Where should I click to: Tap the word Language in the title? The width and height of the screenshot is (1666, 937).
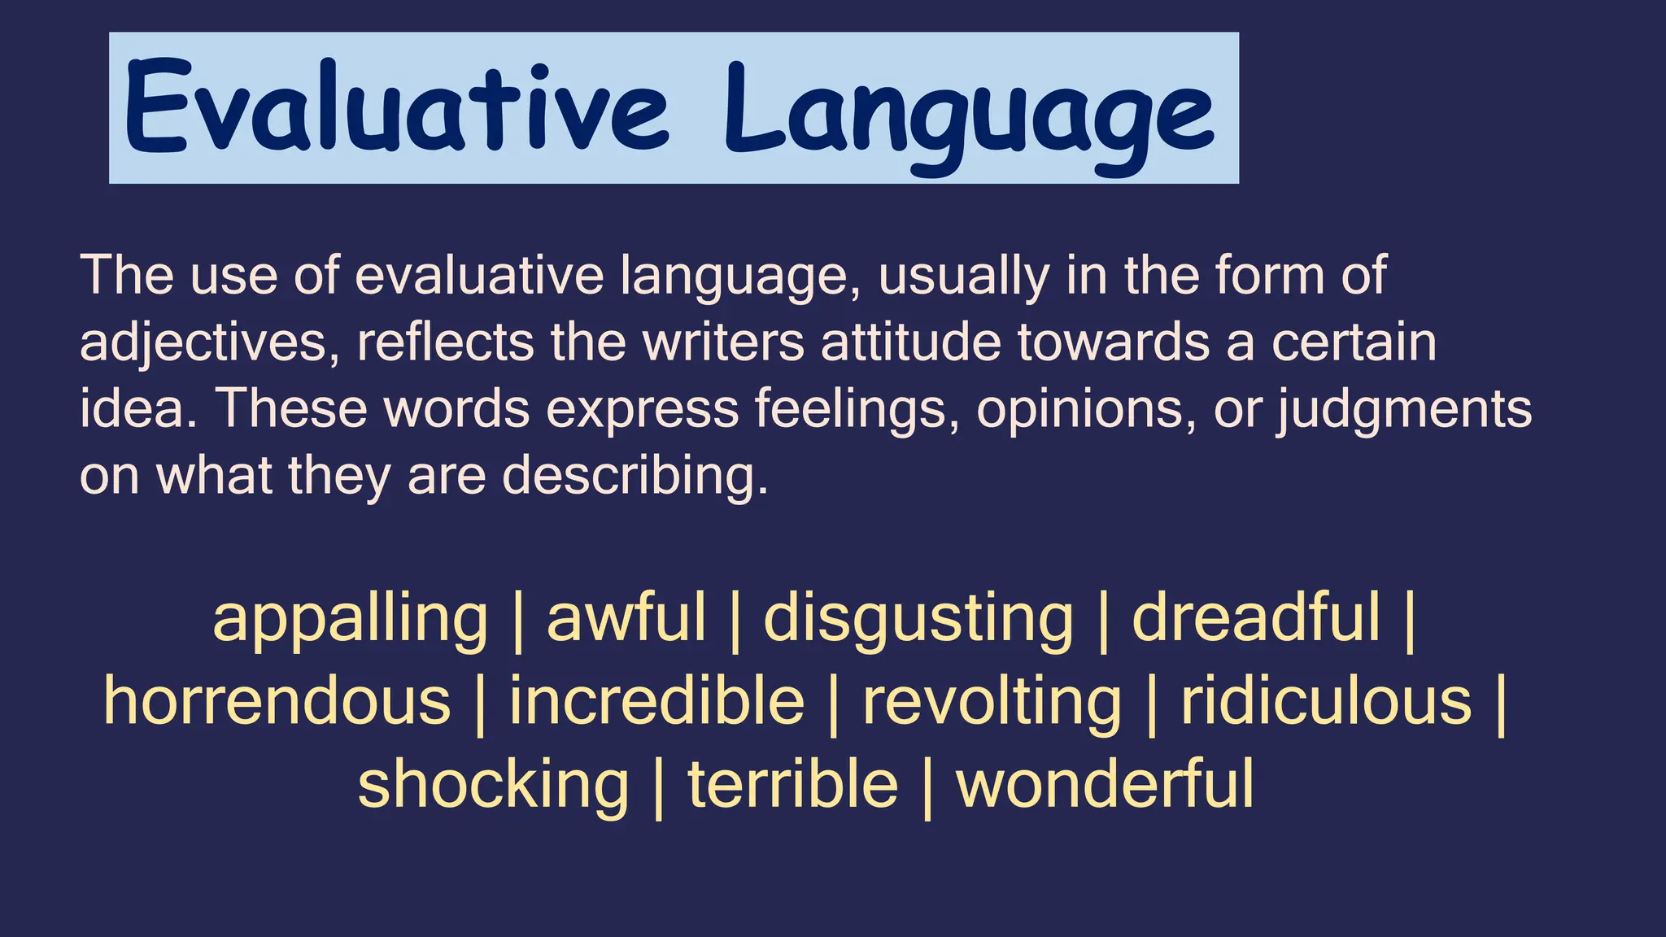969,114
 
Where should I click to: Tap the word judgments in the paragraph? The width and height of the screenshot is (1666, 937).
1403,408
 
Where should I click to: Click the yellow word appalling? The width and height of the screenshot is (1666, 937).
350,620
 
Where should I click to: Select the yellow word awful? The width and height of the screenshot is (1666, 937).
626,618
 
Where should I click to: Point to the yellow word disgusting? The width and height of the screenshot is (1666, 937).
918,620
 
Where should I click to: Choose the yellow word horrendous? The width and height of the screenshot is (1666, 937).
277,701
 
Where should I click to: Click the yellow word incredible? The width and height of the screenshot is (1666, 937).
656,701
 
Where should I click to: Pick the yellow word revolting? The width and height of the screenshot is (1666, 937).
992,703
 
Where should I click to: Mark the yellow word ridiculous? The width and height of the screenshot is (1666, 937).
1326,701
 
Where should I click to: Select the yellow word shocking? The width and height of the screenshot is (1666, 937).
493,786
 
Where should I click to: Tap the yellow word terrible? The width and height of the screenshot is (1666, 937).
792,784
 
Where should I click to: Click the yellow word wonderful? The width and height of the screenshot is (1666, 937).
1105,784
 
